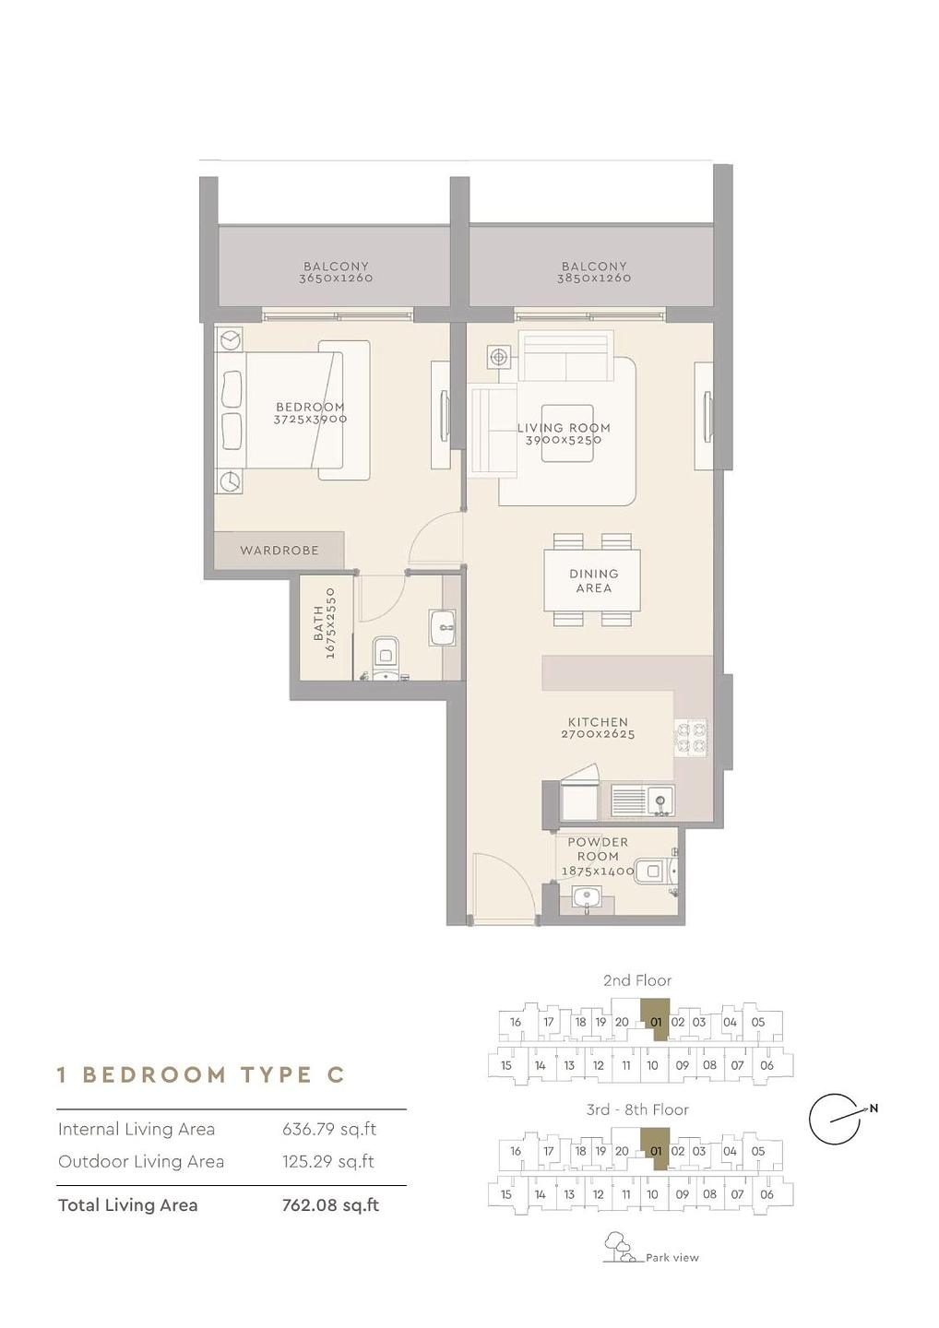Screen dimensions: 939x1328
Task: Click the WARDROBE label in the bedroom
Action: (x=279, y=551)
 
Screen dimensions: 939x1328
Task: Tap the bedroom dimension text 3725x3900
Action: (x=310, y=419)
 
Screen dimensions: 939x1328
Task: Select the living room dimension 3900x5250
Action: (x=564, y=440)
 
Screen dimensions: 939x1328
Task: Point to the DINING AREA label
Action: (x=594, y=581)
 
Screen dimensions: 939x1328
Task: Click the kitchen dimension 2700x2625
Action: (x=598, y=734)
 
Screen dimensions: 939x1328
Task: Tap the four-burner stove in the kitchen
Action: (x=691, y=738)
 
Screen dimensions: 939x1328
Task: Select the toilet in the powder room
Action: (x=656, y=871)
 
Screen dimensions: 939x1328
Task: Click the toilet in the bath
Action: (x=386, y=658)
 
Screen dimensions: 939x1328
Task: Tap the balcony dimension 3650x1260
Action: (x=336, y=279)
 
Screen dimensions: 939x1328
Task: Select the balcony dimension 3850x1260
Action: (x=593, y=279)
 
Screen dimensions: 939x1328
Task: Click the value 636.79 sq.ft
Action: (x=329, y=1130)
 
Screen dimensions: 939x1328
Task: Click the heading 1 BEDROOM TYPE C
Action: (x=201, y=1075)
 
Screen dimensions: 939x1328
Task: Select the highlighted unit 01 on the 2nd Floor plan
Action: (x=656, y=1022)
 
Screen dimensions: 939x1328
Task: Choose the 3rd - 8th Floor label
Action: (x=637, y=1109)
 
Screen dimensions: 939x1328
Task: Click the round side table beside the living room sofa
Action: (x=499, y=358)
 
